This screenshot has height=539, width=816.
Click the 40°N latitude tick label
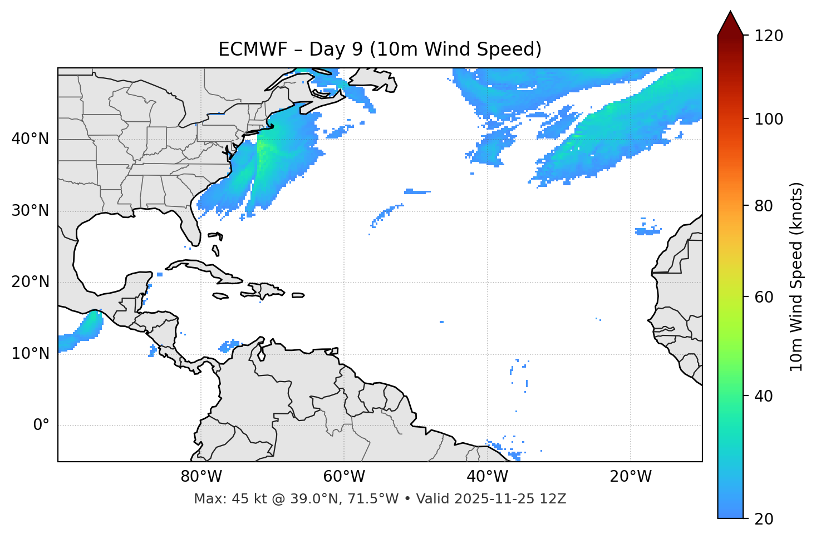pyautogui.click(x=30, y=139)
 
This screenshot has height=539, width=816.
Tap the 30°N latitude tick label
pyautogui.click(x=30, y=211)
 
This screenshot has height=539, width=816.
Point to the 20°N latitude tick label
pyautogui.click(x=30, y=282)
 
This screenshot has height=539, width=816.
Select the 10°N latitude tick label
pyautogui.click(x=30, y=354)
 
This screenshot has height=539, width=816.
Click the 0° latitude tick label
pyautogui.click(x=41, y=426)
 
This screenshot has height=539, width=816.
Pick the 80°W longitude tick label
pyautogui.click(x=201, y=477)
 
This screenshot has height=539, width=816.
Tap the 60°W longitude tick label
pyautogui.click(x=344, y=477)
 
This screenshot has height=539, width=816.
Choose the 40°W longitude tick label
pyautogui.click(x=487, y=477)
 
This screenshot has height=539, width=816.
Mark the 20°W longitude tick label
pyautogui.click(x=631, y=477)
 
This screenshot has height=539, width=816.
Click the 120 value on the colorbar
pyautogui.click(x=769, y=36)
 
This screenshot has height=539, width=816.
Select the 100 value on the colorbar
pyautogui.click(x=769, y=119)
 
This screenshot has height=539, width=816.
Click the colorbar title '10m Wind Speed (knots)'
pyautogui.click(x=797, y=276)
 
